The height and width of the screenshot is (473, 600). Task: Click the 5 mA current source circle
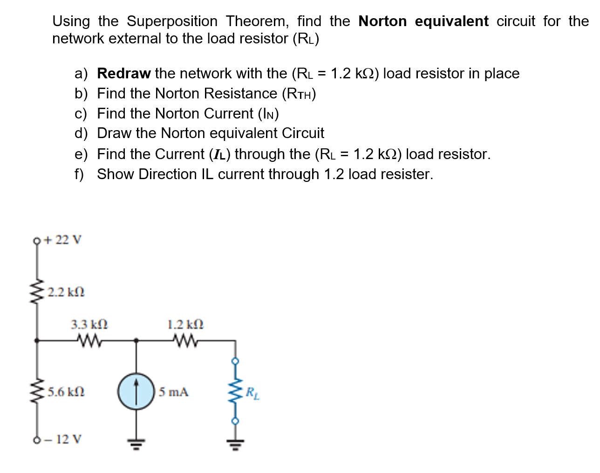(136, 391)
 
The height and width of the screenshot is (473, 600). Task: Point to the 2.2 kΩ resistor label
(66, 292)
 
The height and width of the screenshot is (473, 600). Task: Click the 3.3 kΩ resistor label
(89, 324)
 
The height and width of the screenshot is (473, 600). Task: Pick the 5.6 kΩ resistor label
(66, 391)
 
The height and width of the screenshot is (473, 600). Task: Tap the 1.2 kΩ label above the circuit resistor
(185, 324)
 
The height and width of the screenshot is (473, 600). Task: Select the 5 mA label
(173, 392)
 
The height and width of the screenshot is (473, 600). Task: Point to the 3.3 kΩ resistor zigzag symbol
(90, 342)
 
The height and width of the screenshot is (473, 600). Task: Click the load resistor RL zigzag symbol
(235, 391)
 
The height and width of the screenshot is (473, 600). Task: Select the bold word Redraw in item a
(123, 74)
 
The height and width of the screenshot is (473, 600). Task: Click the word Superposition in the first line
(172, 21)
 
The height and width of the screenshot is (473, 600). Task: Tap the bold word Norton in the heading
(382, 21)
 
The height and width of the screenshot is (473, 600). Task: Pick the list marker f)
(80, 174)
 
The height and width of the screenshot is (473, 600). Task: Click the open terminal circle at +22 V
(36, 241)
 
